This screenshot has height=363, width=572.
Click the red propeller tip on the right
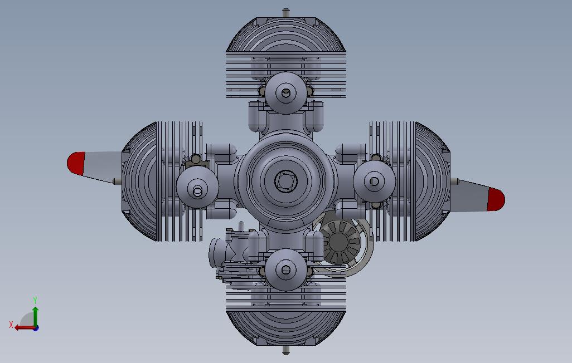[x=496, y=199]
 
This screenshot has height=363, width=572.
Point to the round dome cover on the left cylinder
[x=197, y=188]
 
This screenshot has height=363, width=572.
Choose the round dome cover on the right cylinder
[x=375, y=181]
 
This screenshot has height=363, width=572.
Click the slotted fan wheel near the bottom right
[x=340, y=243]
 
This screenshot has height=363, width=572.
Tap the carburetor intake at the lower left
[x=216, y=253]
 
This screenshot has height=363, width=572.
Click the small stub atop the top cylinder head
[x=286, y=12]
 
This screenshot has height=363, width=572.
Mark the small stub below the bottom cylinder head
[x=286, y=350]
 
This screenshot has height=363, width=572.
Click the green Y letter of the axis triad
[x=35, y=301]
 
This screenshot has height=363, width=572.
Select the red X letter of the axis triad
[x=11, y=325]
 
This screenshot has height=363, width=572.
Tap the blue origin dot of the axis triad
[x=36, y=328]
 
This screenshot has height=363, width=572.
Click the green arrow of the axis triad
[x=35, y=315]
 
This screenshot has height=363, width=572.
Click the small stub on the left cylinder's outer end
[x=115, y=181]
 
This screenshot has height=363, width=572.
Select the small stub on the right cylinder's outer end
[x=455, y=181]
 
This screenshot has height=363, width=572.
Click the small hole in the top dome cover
[x=286, y=93]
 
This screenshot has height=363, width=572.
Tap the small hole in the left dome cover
[x=197, y=192]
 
